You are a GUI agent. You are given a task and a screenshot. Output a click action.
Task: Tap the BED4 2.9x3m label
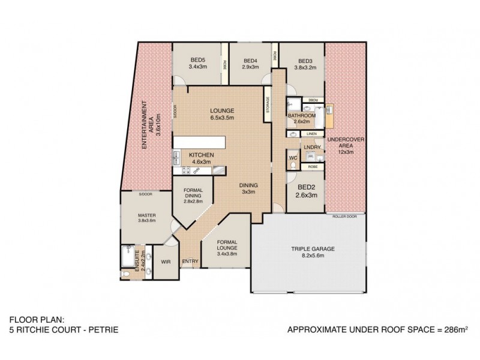(x=250, y=64)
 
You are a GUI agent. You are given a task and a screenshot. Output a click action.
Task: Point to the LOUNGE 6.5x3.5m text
(x=221, y=114)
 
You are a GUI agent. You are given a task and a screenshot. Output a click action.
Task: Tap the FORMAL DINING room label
(x=194, y=196)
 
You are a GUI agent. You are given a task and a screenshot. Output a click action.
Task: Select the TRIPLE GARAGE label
(x=313, y=251)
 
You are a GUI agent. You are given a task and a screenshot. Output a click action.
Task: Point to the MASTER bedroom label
(x=146, y=218)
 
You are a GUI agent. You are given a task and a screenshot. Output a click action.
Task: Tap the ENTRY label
(x=190, y=261)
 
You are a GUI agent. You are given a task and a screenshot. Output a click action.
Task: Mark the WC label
(x=293, y=158)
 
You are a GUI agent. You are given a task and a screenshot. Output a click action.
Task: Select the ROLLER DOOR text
(x=345, y=215)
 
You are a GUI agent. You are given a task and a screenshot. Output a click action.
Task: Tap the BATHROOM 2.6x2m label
(x=301, y=118)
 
